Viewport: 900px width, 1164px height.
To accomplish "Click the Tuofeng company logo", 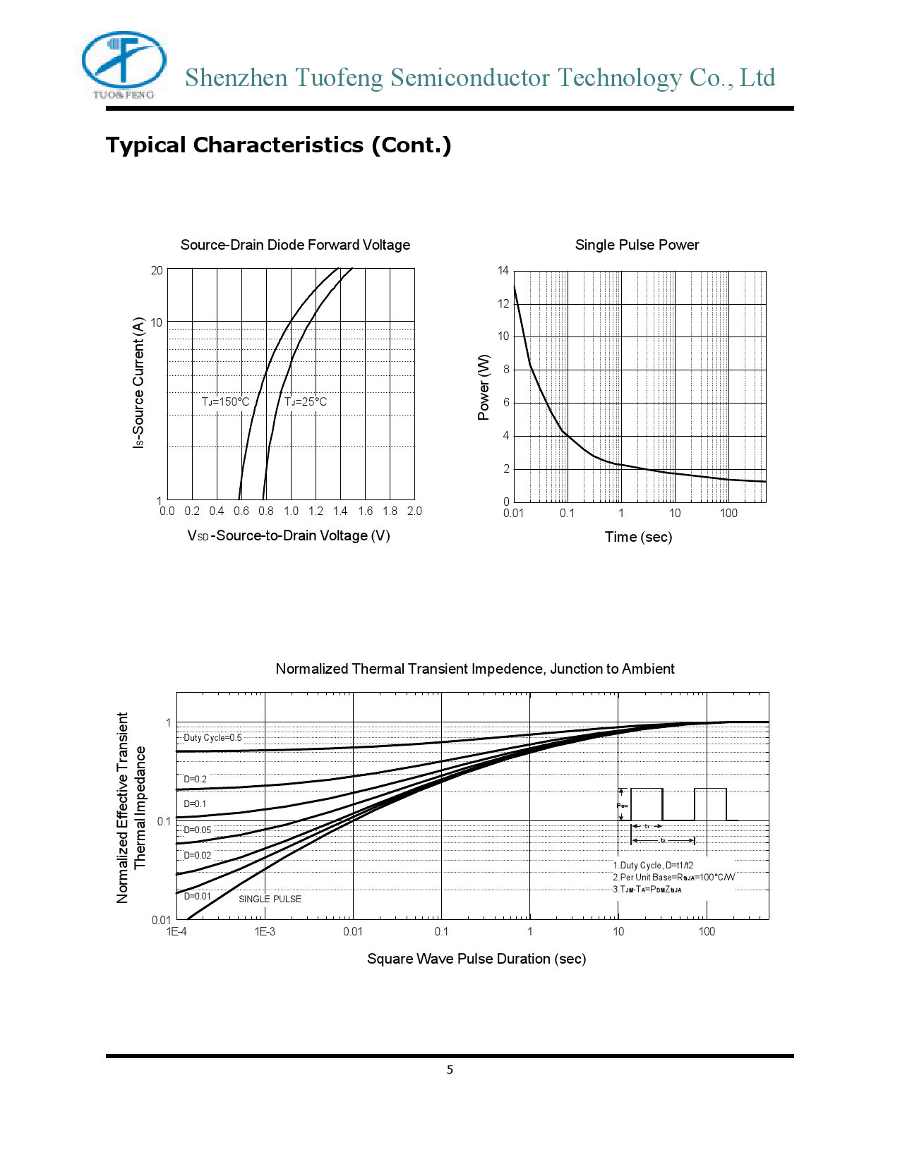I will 124,64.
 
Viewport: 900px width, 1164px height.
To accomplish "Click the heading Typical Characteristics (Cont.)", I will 278,145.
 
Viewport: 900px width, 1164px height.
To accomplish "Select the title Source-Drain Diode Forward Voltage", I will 295,245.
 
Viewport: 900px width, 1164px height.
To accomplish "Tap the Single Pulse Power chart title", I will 637,245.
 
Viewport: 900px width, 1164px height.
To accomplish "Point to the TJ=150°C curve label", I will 225,402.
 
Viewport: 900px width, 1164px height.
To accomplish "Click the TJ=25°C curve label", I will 306,402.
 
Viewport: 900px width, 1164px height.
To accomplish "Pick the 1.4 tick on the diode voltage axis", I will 340,511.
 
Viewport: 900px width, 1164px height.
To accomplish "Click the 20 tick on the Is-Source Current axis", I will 157,270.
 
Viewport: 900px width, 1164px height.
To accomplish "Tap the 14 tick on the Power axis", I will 503,271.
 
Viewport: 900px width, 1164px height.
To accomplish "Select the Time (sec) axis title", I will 638,537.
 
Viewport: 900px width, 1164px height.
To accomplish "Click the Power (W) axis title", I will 484,387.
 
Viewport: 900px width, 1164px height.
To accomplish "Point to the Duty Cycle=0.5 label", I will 212,738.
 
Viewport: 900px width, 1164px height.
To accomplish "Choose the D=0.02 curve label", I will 198,856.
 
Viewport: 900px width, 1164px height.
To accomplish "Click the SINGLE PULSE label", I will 270,899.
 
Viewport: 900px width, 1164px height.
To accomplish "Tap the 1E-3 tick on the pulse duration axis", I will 265,932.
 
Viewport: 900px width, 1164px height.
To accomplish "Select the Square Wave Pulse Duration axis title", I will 476,959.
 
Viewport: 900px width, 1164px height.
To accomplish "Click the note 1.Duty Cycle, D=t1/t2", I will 653,866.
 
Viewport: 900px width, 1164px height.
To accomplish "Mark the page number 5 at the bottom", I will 450,1070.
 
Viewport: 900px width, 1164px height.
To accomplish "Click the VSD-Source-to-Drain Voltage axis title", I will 289,535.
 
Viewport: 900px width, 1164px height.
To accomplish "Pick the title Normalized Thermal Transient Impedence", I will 475,669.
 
